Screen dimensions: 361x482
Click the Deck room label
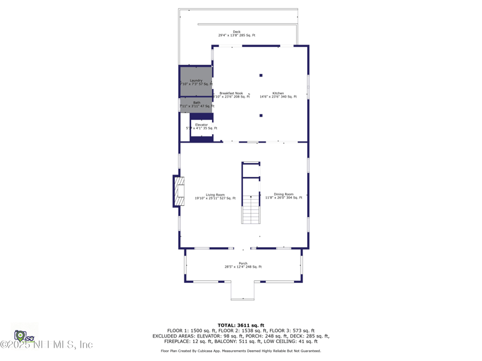pyautogui.click(x=237, y=32)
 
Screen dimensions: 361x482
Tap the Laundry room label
pyautogui.click(x=196, y=81)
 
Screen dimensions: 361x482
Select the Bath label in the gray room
pyautogui.click(x=197, y=103)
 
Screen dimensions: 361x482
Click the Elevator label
pyautogui.click(x=201, y=125)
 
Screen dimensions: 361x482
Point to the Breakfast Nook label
pyautogui.click(x=231, y=93)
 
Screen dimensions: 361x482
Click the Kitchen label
pyautogui.click(x=278, y=93)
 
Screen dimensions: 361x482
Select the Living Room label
pyautogui.click(x=215, y=194)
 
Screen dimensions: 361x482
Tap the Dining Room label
pyautogui.click(x=284, y=194)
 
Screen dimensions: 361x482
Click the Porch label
pyautogui.click(x=243, y=264)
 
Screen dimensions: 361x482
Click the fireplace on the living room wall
pyautogui.click(x=178, y=191)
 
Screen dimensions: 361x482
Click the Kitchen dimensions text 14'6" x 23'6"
pyautogui.click(x=271, y=97)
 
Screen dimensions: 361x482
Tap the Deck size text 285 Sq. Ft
pyautogui.click(x=247, y=35)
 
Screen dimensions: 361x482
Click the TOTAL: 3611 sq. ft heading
pyautogui.click(x=241, y=326)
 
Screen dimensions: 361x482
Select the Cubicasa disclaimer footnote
pyautogui.click(x=241, y=351)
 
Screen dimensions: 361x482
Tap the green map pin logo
pyautogui.click(x=20, y=335)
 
